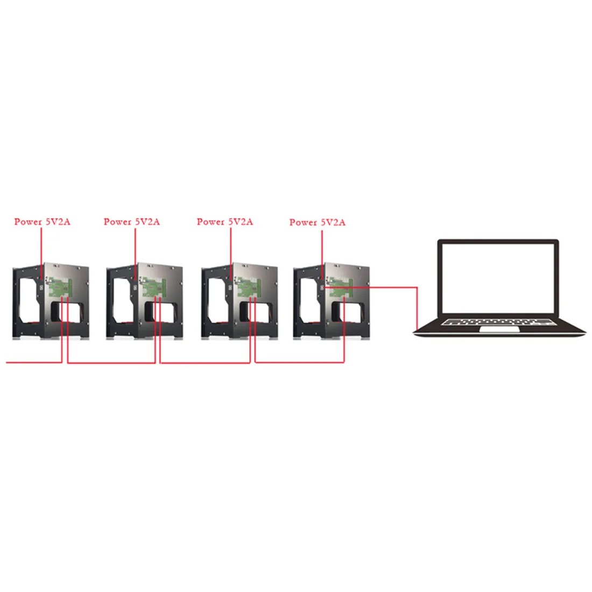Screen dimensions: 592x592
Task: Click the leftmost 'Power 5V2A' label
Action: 43,222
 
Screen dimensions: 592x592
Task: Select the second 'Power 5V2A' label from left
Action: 132,222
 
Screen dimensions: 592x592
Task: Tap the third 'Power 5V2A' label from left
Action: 225,222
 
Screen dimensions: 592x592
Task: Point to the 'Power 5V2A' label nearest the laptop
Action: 318,222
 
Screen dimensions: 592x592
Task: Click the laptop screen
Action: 498,279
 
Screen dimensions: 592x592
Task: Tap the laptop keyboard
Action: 498,322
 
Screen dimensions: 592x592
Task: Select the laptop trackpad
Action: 499,329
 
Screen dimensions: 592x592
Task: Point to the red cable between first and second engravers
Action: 111,363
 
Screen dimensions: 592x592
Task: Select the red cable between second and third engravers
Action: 205,363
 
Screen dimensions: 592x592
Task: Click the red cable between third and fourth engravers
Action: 299,362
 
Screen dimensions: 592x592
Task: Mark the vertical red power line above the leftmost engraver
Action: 41,253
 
